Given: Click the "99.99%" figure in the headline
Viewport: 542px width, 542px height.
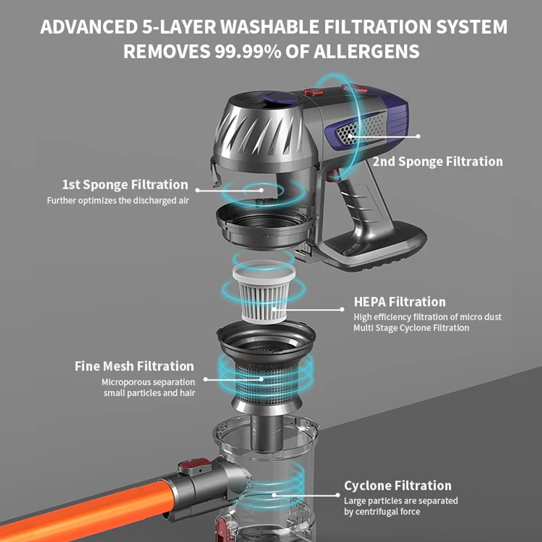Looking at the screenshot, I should pyautogui.click(x=242, y=51).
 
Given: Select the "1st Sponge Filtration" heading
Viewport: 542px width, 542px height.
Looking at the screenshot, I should pyautogui.click(x=125, y=185).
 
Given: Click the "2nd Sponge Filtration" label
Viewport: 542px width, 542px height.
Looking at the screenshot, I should pyautogui.click(x=437, y=162).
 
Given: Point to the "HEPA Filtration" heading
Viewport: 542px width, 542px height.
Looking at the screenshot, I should pyautogui.click(x=399, y=302).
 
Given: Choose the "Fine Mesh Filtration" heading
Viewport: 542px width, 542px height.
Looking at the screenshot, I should pyautogui.click(x=134, y=366).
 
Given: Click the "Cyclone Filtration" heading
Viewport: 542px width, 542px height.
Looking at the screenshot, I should pyautogui.click(x=397, y=486).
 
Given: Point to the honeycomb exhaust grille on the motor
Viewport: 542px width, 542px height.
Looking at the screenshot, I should pyautogui.click(x=361, y=129).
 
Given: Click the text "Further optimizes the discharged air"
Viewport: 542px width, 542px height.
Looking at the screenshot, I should pyautogui.click(x=118, y=201).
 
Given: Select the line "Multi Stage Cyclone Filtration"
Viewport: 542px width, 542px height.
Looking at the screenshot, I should pyautogui.click(x=411, y=328).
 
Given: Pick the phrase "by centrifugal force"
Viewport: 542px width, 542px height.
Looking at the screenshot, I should pyautogui.click(x=382, y=512).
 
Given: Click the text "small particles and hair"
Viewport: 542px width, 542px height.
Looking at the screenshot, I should pyautogui.click(x=149, y=393).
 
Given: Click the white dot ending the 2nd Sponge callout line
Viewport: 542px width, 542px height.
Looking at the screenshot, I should pyautogui.click(x=419, y=136).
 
